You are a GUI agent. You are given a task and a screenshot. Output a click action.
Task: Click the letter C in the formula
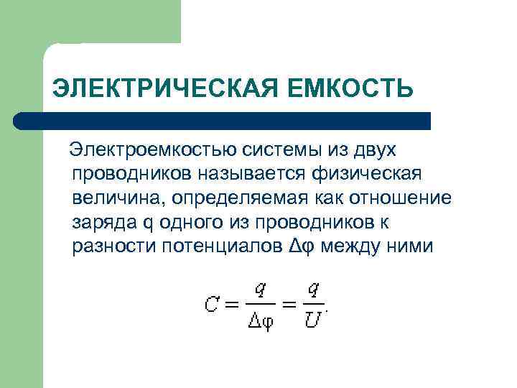pos(211,305)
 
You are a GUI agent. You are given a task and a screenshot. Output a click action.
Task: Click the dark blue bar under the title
pos(223,121)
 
